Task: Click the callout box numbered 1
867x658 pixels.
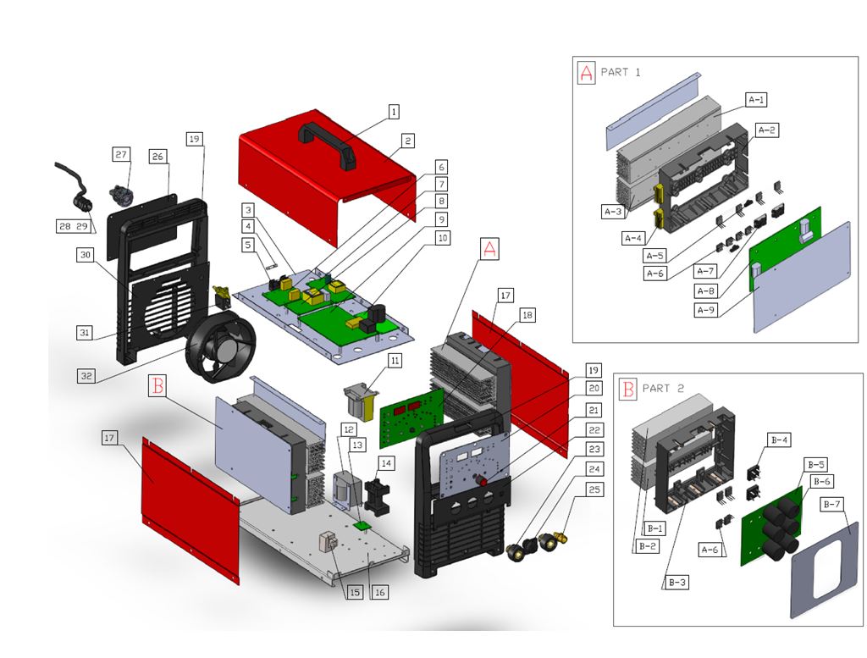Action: point(394,112)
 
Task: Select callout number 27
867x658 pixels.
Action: point(121,154)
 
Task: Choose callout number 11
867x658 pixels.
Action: point(395,361)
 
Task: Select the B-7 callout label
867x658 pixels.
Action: point(832,505)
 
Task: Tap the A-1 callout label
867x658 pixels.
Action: point(757,100)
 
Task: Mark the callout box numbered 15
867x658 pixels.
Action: point(354,593)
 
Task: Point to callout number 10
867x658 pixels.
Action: point(442,238)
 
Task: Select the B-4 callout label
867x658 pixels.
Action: point(779,440)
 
